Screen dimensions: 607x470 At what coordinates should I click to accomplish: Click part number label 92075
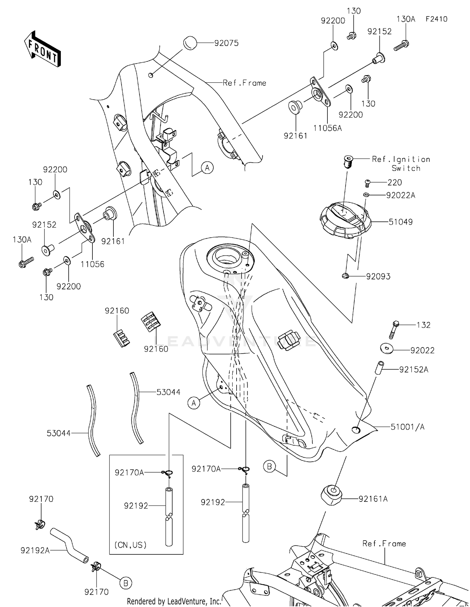226,43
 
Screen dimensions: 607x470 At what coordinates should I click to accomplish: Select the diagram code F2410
436,19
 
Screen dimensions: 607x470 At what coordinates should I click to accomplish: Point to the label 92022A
400,195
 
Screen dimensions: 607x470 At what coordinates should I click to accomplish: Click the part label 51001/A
407,427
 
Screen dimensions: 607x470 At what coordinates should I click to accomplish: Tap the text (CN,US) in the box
130,545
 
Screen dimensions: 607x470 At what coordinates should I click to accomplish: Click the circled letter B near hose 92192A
126,583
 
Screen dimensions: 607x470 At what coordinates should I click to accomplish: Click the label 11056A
327,128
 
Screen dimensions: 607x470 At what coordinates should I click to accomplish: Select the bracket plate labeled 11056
85,228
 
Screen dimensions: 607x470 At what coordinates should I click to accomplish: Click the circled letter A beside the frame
207,168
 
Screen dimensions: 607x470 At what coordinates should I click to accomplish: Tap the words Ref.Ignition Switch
401,163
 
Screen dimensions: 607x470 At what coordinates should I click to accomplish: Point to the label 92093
378,276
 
